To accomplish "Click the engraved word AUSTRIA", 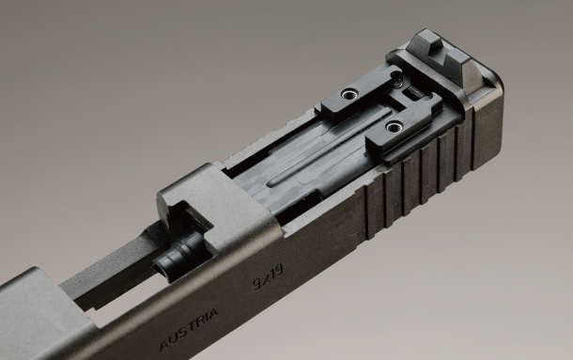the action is click(x=189, y=329).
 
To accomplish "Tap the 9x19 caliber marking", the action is click(x=269, y=277).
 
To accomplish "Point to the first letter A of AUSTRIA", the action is click(x=164, y=344).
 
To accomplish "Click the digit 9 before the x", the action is click(x=257, y=283).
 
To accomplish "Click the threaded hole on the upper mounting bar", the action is click(x=348, y=95).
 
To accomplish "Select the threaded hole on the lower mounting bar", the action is click(x=394, y=127).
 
